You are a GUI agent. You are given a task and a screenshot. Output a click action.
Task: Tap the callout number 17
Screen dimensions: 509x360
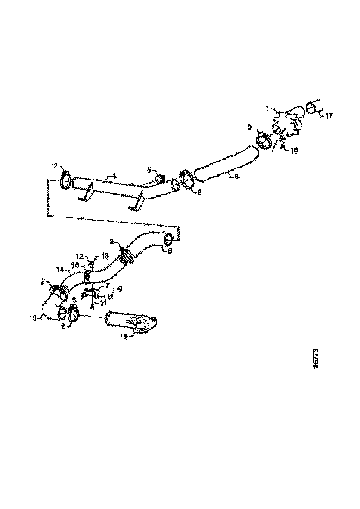(329, 116)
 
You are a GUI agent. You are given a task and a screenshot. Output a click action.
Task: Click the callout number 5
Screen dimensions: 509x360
(149, 170)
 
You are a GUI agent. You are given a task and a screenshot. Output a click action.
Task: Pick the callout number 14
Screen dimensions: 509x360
(60, 269)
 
